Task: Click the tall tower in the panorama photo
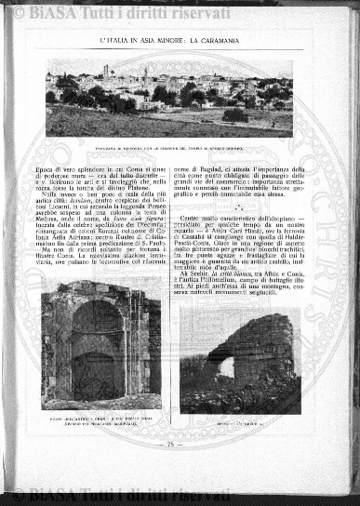pos(106,71)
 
